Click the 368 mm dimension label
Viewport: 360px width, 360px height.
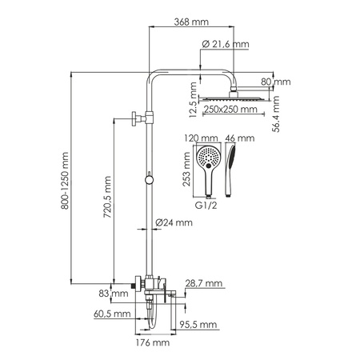(187, 23)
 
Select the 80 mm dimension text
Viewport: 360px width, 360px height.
(281, 82)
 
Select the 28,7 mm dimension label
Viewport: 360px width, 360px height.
(199, 285)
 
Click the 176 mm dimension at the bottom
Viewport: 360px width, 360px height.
(150, 342)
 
